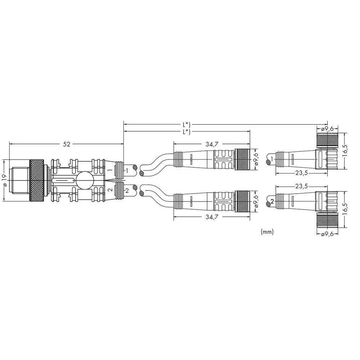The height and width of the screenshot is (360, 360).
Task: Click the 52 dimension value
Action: [x=66, y=144]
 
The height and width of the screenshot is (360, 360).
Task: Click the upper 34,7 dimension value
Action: [x=212, y=144]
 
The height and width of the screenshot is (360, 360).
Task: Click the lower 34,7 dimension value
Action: [x=212, y=217]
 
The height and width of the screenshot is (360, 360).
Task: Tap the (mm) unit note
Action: [x=267, y=232]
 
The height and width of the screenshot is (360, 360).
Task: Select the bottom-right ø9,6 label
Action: [x=327, y=234]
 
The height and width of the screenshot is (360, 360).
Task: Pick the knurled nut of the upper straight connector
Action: [x=242, y=159]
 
